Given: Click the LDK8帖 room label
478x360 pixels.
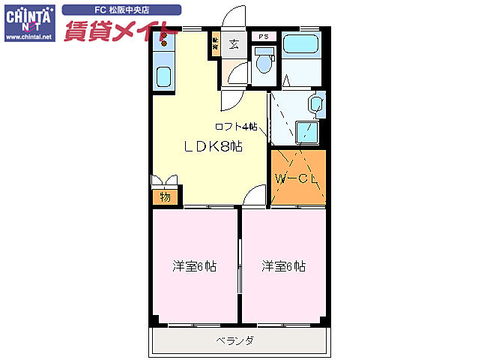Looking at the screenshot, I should click(214, 147).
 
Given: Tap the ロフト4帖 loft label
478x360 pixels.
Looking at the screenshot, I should click(236, 126).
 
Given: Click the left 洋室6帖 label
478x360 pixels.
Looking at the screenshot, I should click(195, 266).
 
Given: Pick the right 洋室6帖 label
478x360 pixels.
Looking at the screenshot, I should click(283, 266).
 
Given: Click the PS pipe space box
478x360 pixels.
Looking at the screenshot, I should click(264, 36).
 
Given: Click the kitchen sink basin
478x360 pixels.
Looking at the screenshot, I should click(163, 76).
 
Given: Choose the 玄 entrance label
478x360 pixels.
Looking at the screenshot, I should click(234, 43).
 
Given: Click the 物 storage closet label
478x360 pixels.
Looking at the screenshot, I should click(165, 198).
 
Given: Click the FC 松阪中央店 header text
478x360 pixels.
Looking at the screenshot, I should click(121, 10).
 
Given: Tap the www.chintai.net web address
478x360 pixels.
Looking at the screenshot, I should click(28, 36).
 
